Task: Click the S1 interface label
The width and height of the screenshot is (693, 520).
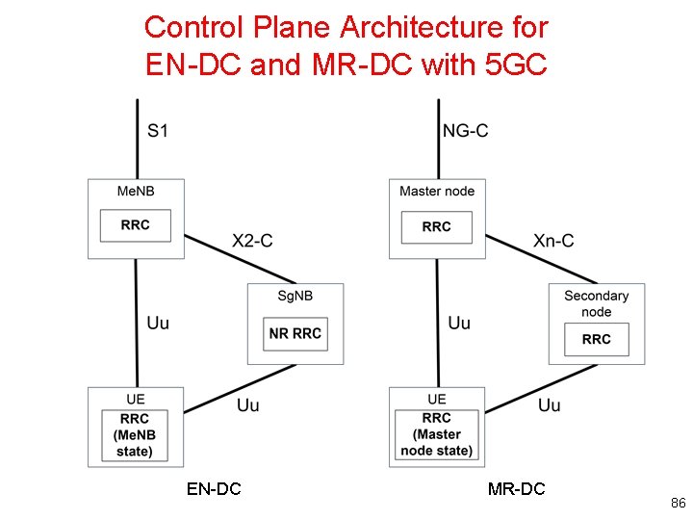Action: (158, 130)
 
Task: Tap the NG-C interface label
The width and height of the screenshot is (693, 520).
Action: (465, 130)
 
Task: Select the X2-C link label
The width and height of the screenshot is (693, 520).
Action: (252, 241)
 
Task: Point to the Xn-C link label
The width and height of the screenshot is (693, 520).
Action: (553, 241)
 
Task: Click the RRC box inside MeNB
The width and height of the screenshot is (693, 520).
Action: (136, 225)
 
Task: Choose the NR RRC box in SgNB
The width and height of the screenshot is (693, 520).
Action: (295, 334)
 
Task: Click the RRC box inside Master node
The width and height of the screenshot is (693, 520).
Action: (437, 226)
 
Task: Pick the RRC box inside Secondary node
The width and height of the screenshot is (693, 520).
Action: (596, 339)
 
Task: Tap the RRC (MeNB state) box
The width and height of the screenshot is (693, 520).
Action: (135, 434)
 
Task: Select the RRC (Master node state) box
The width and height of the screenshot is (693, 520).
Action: (437, 434)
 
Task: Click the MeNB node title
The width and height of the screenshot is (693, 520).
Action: (135, 192)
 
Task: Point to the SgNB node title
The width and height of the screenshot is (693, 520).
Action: (295, 296)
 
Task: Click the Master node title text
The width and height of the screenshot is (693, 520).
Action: (437, 192)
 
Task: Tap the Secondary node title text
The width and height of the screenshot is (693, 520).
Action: (596, 303)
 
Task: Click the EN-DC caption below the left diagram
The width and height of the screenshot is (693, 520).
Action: (214, 489)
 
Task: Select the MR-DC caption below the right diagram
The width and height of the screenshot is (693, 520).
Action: (516, 489)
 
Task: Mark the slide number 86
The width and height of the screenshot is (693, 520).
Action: (678, 504)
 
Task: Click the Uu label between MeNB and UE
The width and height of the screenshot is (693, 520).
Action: (158, 323)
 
